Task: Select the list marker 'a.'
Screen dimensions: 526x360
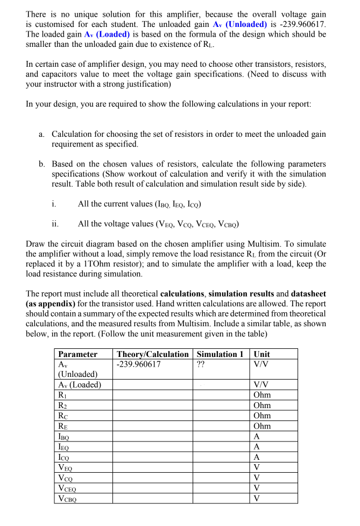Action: [42, 134]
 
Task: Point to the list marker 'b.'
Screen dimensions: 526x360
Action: [42, 164]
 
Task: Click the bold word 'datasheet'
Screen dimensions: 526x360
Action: [308, 293]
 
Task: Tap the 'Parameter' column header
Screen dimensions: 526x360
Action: [77, 354]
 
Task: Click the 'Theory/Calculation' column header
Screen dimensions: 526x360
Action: [153, 354]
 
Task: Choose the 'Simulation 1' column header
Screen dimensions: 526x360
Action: [220, 354]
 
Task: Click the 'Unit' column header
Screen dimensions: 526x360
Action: [262, 354]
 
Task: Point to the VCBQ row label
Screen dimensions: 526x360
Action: [68, 498]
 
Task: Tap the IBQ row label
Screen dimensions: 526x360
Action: [64, 436]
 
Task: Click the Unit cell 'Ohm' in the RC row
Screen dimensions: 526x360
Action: [262, 416]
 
